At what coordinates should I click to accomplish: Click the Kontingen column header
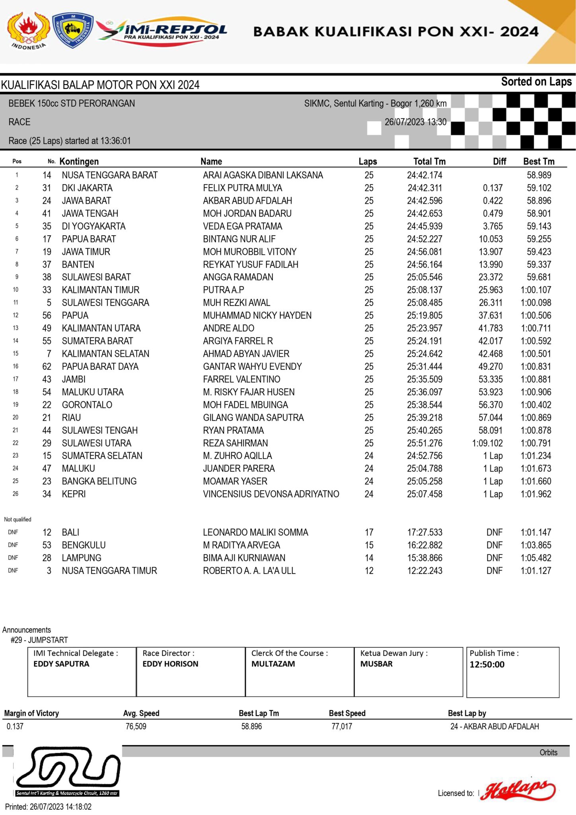tap(79, 162)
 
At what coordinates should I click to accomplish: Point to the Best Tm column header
tap(539, 162)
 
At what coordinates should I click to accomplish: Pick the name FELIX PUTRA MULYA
tap(242, 188)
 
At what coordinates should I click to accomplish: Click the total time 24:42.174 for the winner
tap(424, 175)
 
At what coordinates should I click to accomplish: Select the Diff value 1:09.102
tap(487, 443)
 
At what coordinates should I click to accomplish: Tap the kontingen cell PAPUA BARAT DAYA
tap(100, 367)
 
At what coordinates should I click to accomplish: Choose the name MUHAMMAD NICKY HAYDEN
tap(257, 316)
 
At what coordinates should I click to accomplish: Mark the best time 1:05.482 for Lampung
tap(536, 558)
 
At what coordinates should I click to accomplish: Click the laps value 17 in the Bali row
tap(369, 532)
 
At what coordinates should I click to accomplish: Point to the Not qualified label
tap(18, 519)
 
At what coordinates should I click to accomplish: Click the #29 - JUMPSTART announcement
tap(39, 640)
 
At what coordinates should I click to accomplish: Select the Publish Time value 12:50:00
tap(487, 665)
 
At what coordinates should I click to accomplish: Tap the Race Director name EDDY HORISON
tap(170, 664)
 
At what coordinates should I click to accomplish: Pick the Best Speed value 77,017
tap(342, 726)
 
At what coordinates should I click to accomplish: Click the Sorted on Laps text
tap(536, 82)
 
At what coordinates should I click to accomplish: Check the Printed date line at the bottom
tap(48, 807)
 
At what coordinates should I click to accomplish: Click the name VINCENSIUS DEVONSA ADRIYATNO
tap(271, 494)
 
